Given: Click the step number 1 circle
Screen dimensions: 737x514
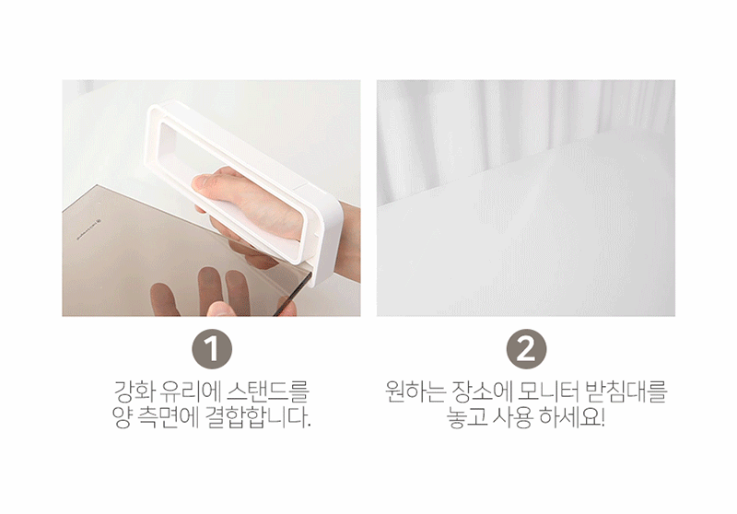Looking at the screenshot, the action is [x=212, y=349].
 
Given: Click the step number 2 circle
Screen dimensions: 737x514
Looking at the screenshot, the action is [x=526, y=349].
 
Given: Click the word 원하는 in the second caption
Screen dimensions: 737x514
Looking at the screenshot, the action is [x=415, y=391].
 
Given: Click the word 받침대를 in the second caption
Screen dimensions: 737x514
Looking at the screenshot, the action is [x=626, y=391].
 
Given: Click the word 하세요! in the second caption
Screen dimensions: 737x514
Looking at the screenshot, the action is [x=571, y=417].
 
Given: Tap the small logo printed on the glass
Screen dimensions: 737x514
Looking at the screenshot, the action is [x=89, y=230].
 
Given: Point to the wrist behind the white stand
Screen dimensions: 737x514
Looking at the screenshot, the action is [x=349, y=242].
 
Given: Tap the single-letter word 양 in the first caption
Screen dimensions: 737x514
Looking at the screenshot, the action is [x=123, y=417].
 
